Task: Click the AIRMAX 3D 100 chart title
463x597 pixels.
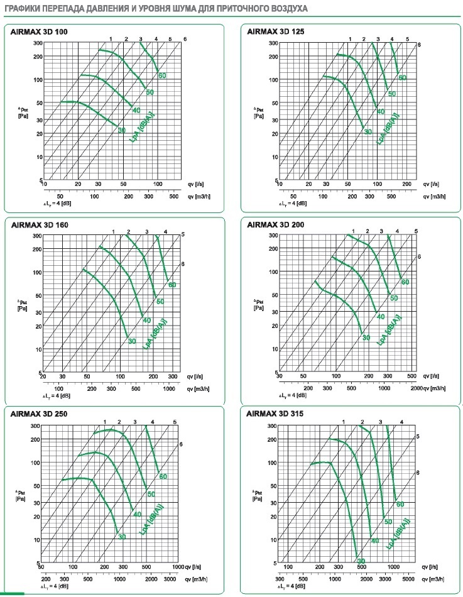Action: point(38,31)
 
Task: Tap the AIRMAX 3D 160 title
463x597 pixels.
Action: point(38,224)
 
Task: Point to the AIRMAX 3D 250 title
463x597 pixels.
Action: point(38,414)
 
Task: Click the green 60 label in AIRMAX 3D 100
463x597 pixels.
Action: point(162,76)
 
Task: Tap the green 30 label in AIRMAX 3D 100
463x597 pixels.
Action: point(122,129)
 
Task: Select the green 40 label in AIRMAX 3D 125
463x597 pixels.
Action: point(380,111)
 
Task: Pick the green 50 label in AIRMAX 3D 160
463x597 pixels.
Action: point(160,302)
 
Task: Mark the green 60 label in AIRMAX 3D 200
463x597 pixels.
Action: point(405,282)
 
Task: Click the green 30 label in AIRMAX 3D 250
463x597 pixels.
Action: point(122,536)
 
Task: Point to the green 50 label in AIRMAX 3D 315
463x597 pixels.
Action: point(388,522)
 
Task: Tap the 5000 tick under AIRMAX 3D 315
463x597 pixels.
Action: point(408,577)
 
